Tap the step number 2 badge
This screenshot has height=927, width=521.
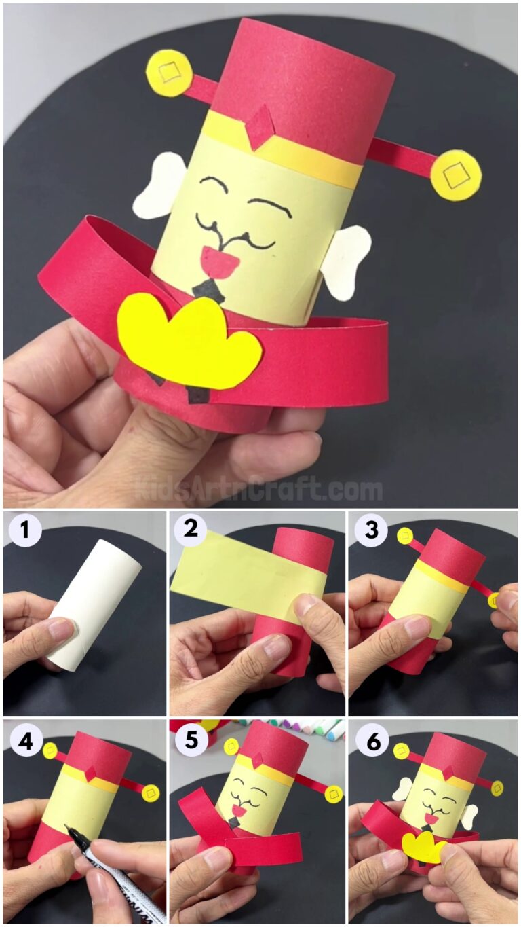pos(191,530)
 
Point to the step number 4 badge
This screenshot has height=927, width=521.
pos(24,742)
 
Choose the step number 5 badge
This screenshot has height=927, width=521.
pos(191,742)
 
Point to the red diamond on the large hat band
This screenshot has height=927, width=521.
pos(260,127)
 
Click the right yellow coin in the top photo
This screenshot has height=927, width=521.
pos(456,175)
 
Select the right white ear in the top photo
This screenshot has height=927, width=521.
pos(346,259)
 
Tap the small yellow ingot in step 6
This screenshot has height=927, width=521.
pos(423,846)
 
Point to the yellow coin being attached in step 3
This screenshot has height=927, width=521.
pos(494,600)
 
